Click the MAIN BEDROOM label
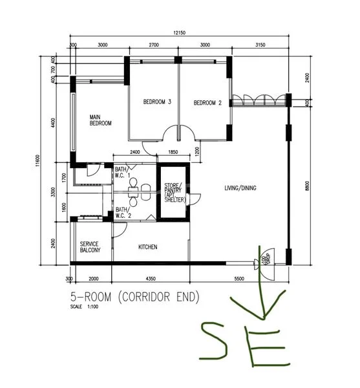pyautogui.click(x=101, y=120)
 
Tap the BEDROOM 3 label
pyautogui.click(x=157, y=102)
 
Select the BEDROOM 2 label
pyautogui.click(x=207, y=103)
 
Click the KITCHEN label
pyautogui.click(x=147, y=247)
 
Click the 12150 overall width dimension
pyautogui.click(x=179, y=33)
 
